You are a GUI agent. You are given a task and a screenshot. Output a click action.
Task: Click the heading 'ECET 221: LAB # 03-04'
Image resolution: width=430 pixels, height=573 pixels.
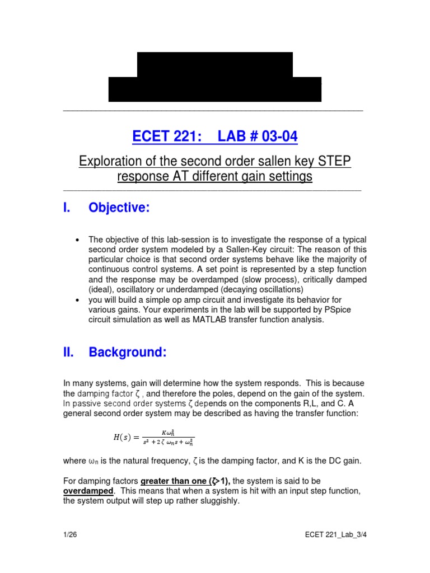[x=215, y=137]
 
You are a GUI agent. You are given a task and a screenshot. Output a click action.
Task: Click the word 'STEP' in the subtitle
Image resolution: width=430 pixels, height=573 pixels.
[x=334, y=162]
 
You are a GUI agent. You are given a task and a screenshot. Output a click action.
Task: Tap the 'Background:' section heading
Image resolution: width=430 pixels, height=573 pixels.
[x=128, y=353]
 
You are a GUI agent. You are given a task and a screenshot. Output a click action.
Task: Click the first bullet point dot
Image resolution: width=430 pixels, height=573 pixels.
[x=77, y=240]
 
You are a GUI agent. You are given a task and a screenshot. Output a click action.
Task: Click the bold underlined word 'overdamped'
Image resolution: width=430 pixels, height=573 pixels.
[x=88, y=491]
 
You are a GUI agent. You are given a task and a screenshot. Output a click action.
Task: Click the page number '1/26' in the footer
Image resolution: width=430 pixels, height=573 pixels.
[x=70, y=534]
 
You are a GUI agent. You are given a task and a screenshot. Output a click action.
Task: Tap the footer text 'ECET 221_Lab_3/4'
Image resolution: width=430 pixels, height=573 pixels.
[x=331, y=534]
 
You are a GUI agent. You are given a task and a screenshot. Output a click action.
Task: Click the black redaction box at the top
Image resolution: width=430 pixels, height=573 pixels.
[x=215, y=77]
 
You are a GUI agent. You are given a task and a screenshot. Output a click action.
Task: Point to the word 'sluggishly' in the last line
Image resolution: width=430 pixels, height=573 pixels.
[x=219, y=501]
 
